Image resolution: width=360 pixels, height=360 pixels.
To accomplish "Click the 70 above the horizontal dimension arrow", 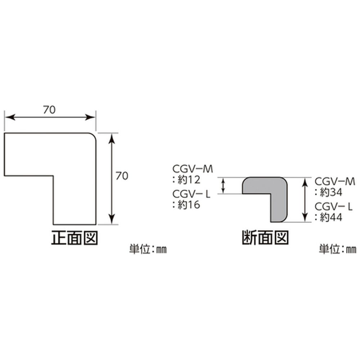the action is (x=49, y=110).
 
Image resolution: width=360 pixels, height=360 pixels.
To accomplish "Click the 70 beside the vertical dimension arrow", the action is (x=122, y=176).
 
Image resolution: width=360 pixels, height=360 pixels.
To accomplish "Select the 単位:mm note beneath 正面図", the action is (x=148, y=249).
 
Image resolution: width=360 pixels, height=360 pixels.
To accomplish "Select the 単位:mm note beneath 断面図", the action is (x=338, y=249).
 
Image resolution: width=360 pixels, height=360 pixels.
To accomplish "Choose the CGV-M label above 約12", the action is (x=193, y=170).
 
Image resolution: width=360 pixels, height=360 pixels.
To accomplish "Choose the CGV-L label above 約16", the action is (x=191, y=194).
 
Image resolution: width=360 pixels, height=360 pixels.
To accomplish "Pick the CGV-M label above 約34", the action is (x=335, y=181).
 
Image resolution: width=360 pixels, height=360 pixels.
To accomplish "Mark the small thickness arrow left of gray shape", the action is (x=223, y=186).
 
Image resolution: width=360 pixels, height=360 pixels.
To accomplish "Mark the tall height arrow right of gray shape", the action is (x=305, y=200).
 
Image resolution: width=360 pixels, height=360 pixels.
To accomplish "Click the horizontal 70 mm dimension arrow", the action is (x=50, y=118).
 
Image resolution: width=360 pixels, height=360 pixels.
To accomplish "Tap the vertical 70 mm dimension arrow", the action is (x=112, y=179).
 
